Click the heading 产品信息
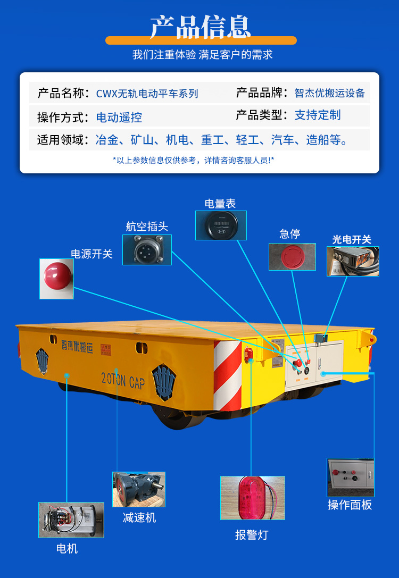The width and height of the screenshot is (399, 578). (x=200, y=27)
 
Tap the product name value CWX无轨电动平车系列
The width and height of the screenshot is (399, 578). (x=147, y=93)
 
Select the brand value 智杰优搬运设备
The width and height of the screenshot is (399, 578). (x=329, y=93)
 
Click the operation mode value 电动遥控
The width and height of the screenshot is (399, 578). (x=119, y=117)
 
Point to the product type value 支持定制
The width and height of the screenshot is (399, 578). (x=317, y=115)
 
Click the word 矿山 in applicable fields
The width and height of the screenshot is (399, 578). (x=142, y=140)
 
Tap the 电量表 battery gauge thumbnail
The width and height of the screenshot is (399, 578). (x=221, y=225)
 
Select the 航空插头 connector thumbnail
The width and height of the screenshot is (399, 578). (x=147, y=250)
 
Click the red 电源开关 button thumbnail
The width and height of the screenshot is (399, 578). (x=57, y=279)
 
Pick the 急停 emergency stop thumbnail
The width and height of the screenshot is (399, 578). (x=292, y=256)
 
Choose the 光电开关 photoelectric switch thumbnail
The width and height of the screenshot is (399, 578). (x=353, y=262)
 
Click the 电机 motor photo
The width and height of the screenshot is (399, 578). (x=71, y=520)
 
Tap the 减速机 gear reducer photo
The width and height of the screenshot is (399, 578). (x=139, y=489)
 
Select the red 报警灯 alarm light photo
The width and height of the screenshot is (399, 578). (x=253, y=498)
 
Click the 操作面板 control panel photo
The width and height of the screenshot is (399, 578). (x=351, y=478)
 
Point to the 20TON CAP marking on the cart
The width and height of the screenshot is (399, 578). (x=123, y=381)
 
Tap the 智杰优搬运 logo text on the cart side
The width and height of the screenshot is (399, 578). (x=77, y=347)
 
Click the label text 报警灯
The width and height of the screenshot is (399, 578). (x=252, y=535)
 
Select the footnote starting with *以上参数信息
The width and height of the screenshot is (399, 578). (x=194, y=160)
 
